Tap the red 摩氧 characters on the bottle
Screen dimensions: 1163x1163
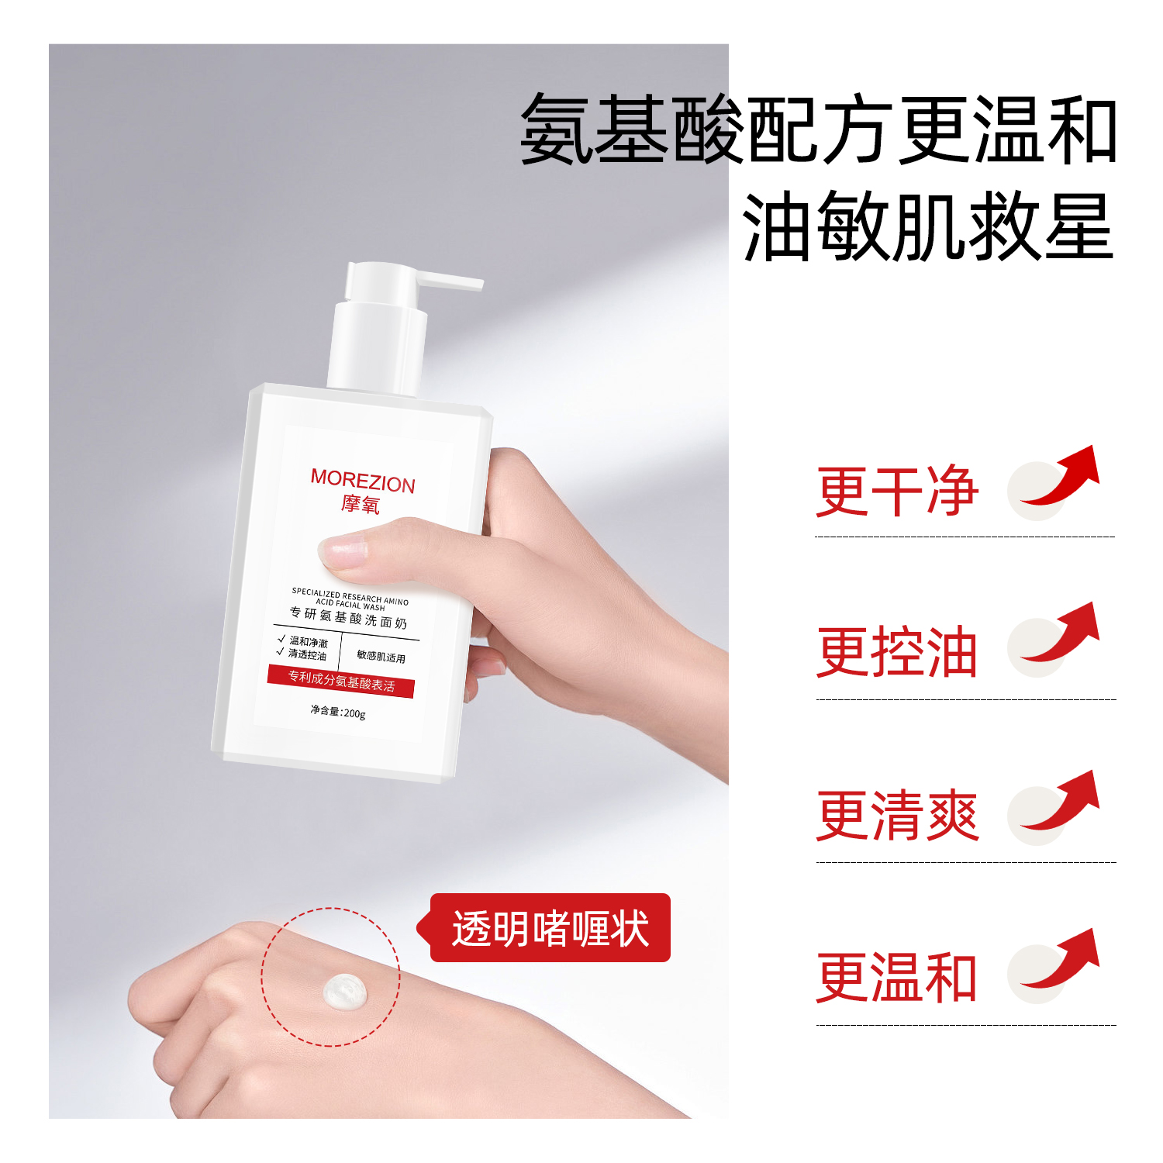pyautogui.click(x=361, y=505)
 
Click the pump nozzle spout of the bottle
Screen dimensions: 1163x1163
pyautogui.click(x=450, y=279)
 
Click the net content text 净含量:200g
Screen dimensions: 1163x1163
pyautogui.click(x=338, y=712)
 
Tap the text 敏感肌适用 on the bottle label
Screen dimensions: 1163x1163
pyautogui.click(x=381, y=657)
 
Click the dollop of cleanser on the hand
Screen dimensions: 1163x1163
pyautogui.click(x=345, y=990)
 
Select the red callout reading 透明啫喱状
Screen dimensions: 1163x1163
pyautogui.click(x=550, y=928)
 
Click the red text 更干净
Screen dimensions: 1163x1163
pyautogui.click(x=897, y=491)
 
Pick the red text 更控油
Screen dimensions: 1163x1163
pyautogui.click(x=896, y=652)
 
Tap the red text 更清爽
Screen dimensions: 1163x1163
pyautogui.click(x=897, y=815)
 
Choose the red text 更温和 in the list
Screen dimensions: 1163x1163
pyautogui.click(x=896, y=978)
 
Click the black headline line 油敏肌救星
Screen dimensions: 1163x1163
pyautogui.click(x=928, y=226)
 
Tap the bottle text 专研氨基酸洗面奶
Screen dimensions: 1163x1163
pyautogui.click(x=348, y=617)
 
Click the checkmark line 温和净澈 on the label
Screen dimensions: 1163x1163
pyautogui.click(x=302, y=641)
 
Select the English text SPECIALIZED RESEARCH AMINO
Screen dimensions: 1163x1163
pyautogui.click(x=350, y=595)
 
